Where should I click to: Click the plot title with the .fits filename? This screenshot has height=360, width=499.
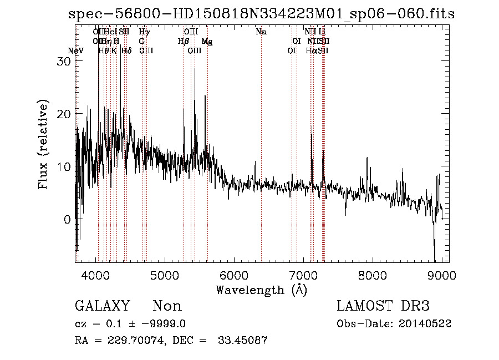261,14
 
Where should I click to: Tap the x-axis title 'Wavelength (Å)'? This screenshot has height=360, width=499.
261,290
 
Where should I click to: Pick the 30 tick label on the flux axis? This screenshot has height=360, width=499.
64,62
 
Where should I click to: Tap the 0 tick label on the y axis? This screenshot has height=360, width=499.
67,220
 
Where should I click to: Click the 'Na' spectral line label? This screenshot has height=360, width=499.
261,32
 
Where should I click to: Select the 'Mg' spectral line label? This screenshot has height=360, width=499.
207,42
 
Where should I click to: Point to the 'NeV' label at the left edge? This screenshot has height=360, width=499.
75,51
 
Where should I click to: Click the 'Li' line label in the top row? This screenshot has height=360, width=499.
322,32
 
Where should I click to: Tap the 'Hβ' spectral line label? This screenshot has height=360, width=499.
183,42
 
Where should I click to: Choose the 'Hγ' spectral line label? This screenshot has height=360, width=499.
144,32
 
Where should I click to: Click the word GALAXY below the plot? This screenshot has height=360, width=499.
103,306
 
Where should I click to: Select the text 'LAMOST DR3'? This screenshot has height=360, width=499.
383,306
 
